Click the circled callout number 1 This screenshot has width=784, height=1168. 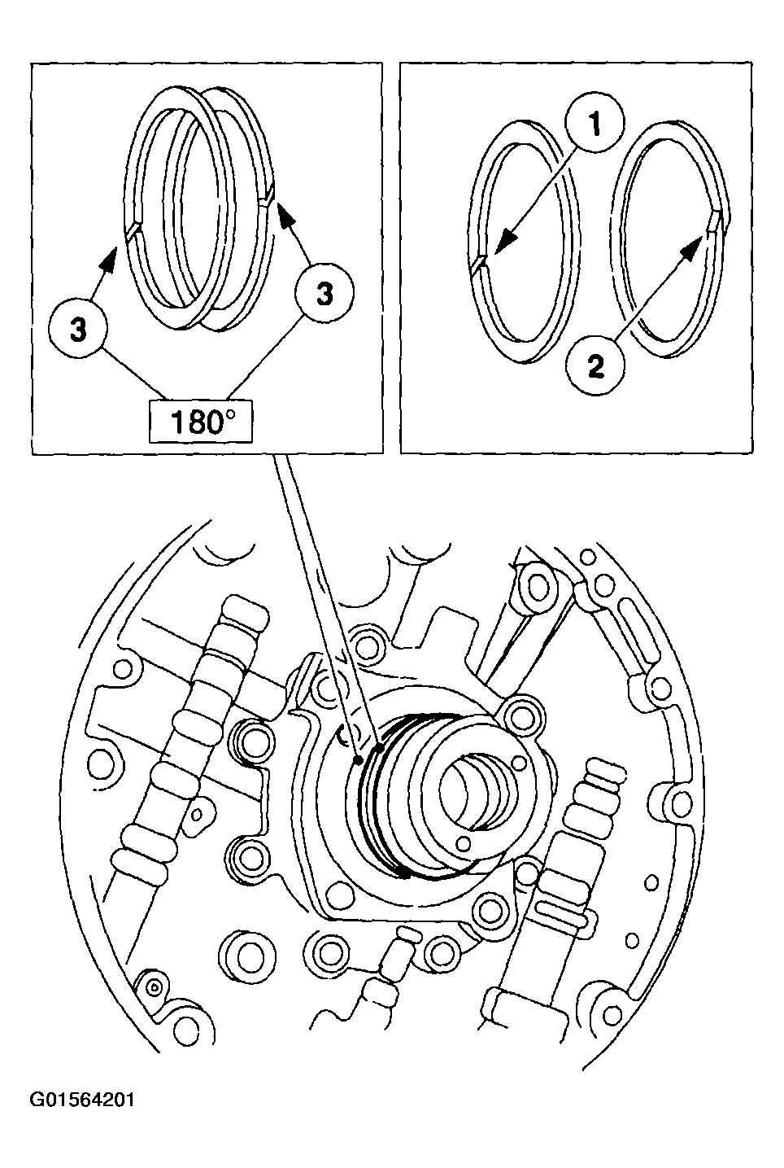tap(595, 124)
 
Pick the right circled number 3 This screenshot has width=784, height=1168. tap(324, 295)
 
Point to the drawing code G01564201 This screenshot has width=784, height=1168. tap(82, 1100)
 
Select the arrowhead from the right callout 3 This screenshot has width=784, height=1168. tap(284, 214)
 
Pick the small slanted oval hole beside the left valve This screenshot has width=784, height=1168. tap(197, 811)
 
